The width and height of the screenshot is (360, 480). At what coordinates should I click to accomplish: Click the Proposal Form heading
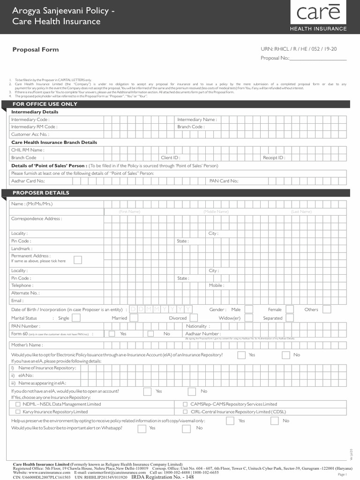[35, 50]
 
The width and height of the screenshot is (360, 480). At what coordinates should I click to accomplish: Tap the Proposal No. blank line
[318, 58]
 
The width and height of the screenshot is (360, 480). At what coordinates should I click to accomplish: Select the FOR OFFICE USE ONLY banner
[45, 104]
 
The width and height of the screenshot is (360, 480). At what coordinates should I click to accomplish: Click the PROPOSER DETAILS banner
[41, 193]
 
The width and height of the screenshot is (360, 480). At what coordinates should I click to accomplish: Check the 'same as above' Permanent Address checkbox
[78, 260]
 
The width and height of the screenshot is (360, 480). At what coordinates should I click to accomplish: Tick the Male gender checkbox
[248, 309]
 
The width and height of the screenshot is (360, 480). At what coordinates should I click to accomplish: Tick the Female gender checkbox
[290, 309]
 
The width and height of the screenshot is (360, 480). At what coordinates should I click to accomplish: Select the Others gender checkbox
[326, 309]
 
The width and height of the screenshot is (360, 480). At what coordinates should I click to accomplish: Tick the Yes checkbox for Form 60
[112, 334]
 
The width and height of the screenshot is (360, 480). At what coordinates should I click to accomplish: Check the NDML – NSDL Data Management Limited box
[18, 404]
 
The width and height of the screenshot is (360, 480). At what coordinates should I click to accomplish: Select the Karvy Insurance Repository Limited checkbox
[18, 412]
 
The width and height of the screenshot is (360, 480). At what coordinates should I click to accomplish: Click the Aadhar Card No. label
[28, 181]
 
